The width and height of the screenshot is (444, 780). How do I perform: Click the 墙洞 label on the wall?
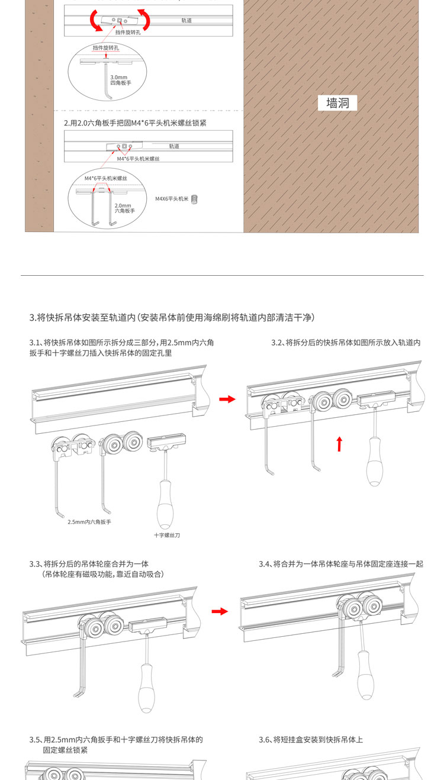click(337, 103)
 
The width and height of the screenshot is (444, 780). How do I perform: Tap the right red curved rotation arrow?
click(146, 19)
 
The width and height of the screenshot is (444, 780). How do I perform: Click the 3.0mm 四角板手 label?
click(121, 80)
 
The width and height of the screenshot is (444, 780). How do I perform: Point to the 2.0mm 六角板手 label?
click(125, 208)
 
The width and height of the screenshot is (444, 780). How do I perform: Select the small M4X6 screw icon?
click(194, 199)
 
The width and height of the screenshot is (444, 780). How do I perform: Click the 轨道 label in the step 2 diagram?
click(174, 146)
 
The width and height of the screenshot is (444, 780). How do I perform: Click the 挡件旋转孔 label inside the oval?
click(105, 48)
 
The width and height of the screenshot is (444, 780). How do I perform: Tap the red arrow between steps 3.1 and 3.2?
click(227, 399)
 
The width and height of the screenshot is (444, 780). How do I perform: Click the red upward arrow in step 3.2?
click(339, 444)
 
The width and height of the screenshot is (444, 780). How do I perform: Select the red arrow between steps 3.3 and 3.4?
click(220, 611)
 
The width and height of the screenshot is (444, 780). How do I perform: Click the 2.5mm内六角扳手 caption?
click(89, 522)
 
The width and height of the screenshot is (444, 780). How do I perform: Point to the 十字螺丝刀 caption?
click(167, 535)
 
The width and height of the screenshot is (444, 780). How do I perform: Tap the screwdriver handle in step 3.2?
click(375, 462)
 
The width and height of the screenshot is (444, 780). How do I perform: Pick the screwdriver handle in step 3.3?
click(146, 688)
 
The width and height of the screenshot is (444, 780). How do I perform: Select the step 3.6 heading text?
click(311, 740)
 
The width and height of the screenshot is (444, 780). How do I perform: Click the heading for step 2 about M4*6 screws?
click(135, 123)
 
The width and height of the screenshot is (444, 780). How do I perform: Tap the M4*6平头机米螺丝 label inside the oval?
click(106, 178)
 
